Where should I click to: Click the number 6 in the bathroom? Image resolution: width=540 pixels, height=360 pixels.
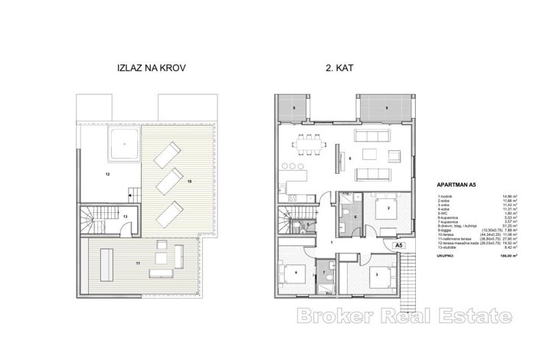tap(356, 218)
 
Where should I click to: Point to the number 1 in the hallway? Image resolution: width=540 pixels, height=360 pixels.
tap(331, 241)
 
